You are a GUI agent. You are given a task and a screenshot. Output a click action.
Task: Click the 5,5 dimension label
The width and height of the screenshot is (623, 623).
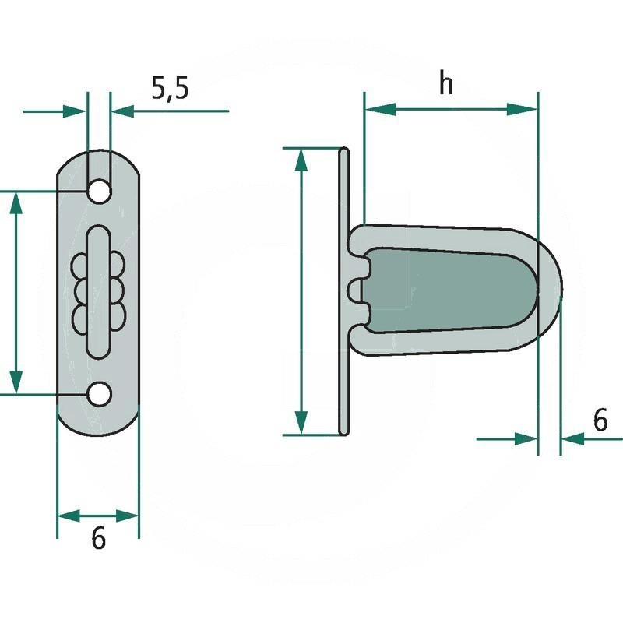point(170,88)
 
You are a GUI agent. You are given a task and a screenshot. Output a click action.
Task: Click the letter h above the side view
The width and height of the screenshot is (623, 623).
point(445,84)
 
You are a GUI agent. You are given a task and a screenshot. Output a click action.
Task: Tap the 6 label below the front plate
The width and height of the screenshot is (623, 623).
point(99,538)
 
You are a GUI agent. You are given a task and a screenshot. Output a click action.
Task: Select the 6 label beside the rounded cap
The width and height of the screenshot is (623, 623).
point(600,420)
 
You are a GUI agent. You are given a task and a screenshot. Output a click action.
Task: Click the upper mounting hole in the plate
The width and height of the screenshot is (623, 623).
point(99,192)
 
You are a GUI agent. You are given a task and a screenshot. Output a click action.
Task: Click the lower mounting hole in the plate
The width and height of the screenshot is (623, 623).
point(99,395)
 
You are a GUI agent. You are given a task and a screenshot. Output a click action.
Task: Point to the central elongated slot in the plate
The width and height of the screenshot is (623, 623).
point(98,293)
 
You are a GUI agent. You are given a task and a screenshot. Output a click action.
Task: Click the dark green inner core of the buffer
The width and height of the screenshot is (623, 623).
point(449,290)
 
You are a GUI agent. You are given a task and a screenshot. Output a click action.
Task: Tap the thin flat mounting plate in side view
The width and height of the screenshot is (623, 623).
point(344,291)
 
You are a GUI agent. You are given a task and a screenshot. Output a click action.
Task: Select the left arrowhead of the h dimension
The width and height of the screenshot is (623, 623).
point(380,108)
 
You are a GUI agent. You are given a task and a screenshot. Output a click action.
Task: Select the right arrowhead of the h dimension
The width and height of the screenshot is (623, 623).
point(522,109)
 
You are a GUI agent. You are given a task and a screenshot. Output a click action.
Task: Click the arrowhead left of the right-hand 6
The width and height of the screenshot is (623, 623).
point(526,439)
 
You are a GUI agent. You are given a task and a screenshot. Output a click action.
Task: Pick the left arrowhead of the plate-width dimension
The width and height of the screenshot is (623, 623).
point(69,516)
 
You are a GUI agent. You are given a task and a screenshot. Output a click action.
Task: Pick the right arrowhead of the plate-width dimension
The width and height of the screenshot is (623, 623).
point(127,516)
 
